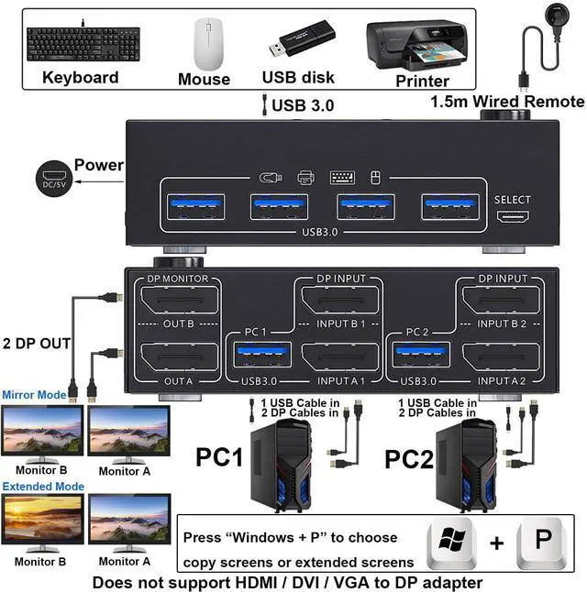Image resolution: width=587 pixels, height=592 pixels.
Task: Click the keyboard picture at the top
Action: pos(81,42)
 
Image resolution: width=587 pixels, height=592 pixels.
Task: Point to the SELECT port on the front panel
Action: pos(512,218)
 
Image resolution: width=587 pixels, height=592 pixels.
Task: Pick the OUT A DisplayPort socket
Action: pos(178,356)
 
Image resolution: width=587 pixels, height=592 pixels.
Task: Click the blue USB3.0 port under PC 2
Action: pos(422,354)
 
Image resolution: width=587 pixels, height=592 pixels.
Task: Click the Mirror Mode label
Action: pos(33,395)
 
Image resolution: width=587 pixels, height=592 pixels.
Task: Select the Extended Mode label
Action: pos(42,487)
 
